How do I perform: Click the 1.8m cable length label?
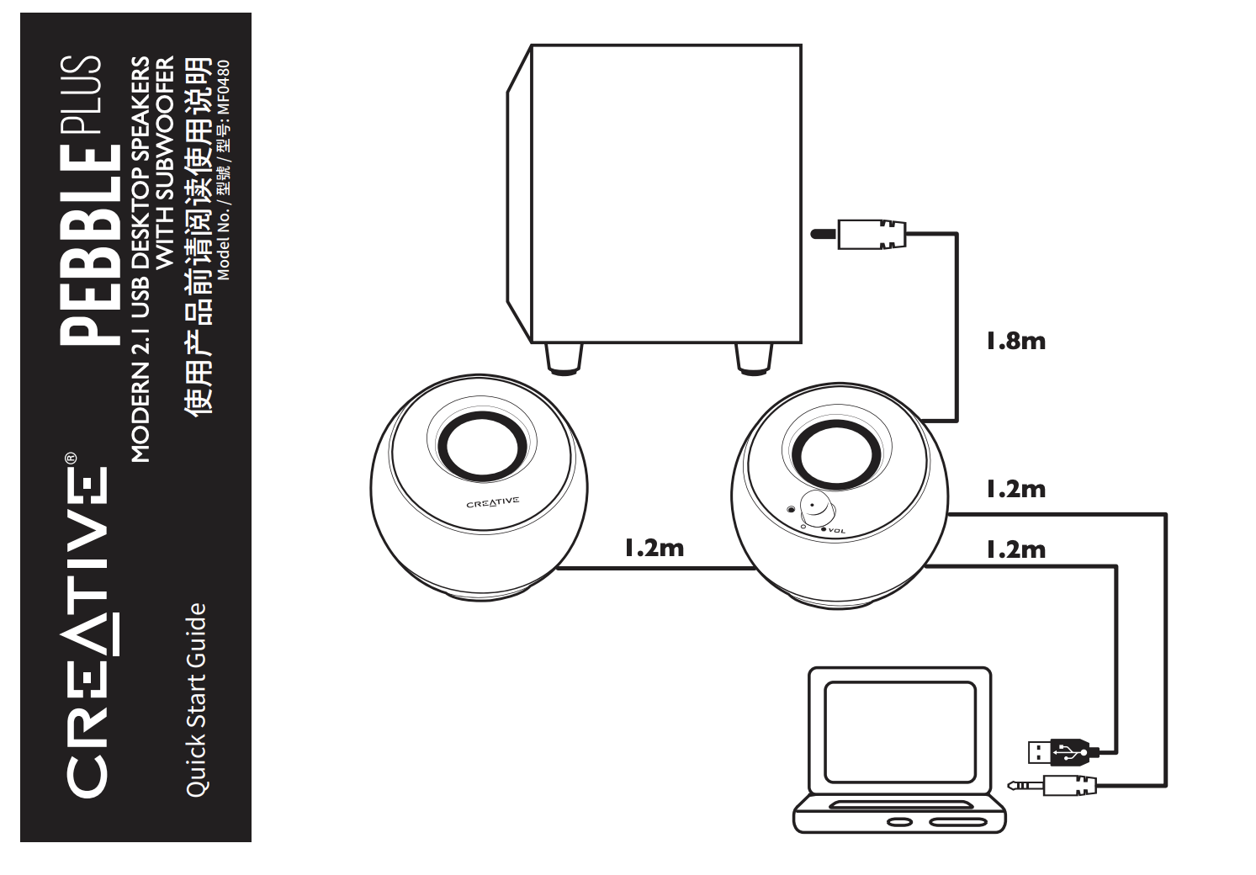(x=1016, y=341)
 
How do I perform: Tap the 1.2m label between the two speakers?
(x=654, y=548)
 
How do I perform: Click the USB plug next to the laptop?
(x=1058, y=752)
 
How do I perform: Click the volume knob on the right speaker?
(x=818, y=507)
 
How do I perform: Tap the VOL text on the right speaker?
(x=836, y=531)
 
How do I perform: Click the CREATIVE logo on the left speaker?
(x=493, y=502)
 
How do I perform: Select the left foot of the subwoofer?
(x=564, y=359)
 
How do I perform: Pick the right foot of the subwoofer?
(x=754, y=359)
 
